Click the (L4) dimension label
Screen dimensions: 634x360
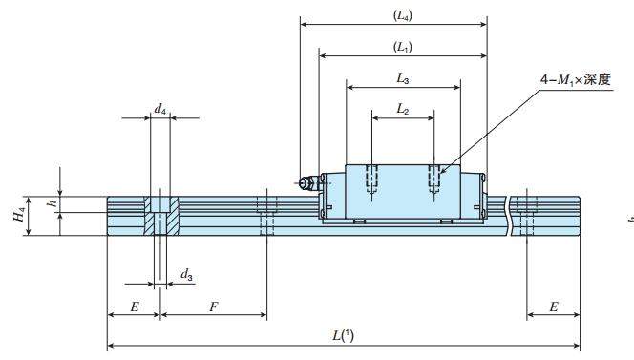point(402,16)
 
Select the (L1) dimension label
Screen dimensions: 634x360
point(402,47)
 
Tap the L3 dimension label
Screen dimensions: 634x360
point(402,78)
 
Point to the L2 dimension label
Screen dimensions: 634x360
point(402,109)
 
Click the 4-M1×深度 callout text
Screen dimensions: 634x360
point(575,79)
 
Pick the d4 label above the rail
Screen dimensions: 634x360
point(160,109)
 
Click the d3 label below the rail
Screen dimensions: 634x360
point(186,275)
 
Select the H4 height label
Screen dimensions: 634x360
point(19,215)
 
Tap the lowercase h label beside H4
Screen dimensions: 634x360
point(52,203)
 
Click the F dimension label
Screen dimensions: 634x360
point(214,307)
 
